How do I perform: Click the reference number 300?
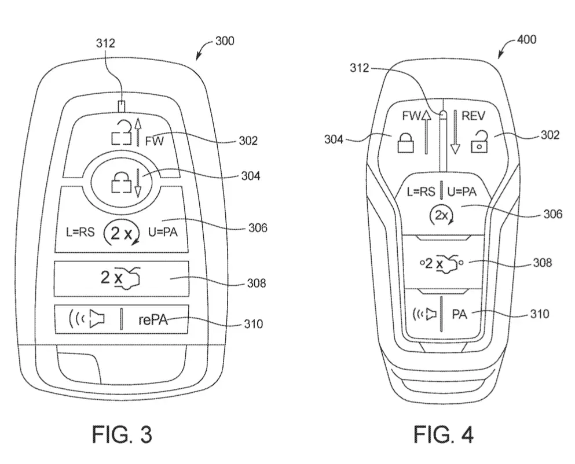click(225, 40)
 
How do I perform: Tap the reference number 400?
click(526, 39)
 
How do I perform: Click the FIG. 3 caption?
click(122, 434)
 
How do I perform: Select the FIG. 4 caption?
click(444, 434)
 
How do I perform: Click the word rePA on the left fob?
click(153, 320)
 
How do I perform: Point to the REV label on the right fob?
click(473, 116)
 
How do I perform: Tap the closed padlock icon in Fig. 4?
click(405, 142)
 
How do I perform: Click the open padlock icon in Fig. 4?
click(479, 142)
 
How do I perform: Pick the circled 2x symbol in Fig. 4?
click(441, 216)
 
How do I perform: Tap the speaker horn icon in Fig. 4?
click(424, 314)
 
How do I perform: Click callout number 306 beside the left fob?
click(258, 227)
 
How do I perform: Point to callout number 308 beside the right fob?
click(543, 263)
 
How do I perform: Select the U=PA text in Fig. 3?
click(163, 232)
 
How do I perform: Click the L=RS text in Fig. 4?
click(421, 192)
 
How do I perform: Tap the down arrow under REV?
click(455, 132)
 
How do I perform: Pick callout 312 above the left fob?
click(105, 43)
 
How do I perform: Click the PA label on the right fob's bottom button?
click(459, 314)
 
